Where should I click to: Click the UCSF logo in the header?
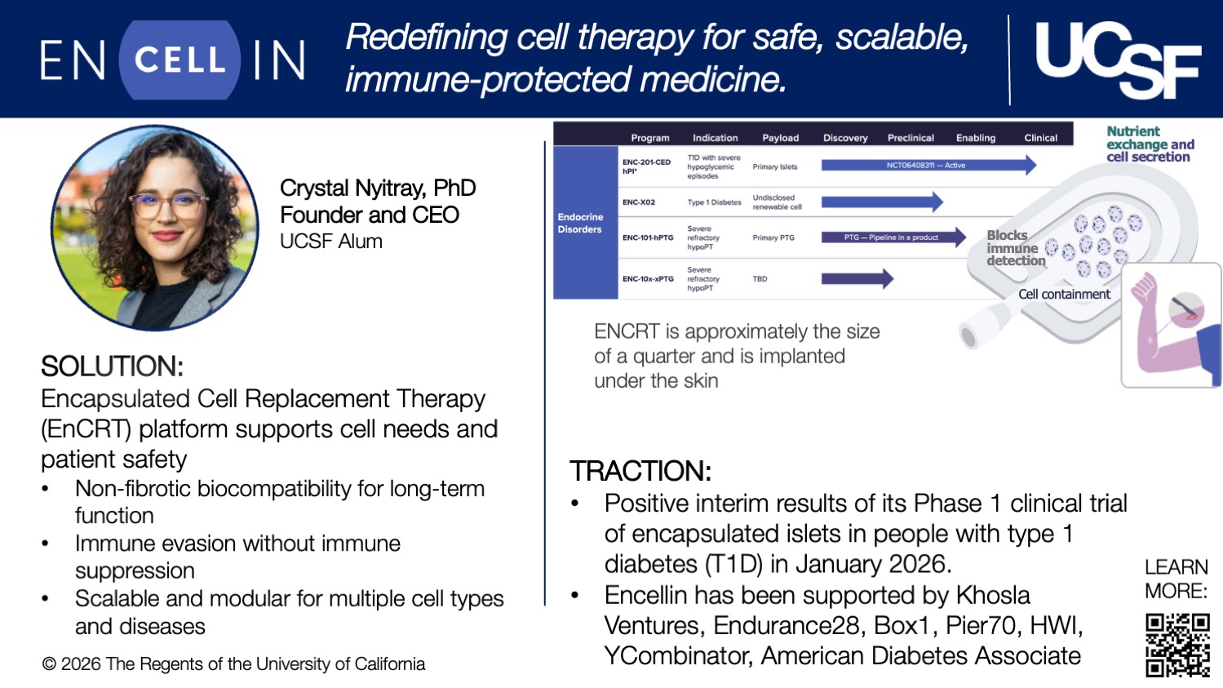(1117, 60)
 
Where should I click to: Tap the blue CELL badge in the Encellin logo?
(179, 60)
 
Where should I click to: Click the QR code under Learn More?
(1176, 646)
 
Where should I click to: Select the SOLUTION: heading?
(113, 366)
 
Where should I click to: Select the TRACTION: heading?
(640, 471)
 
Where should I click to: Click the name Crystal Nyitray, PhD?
(377, 189)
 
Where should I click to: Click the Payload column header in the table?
(780, 138)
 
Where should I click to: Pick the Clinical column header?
(1040, 138)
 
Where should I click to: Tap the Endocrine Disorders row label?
(581, 223)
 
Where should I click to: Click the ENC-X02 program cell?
(639, 202)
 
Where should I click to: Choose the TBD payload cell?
(760, 279)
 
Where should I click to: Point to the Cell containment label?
(1064, 294)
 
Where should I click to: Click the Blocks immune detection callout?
(1014, 248)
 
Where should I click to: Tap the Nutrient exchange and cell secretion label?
(1150, 144)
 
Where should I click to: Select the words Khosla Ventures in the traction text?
(816, 610)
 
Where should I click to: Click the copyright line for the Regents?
(233, 664)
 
